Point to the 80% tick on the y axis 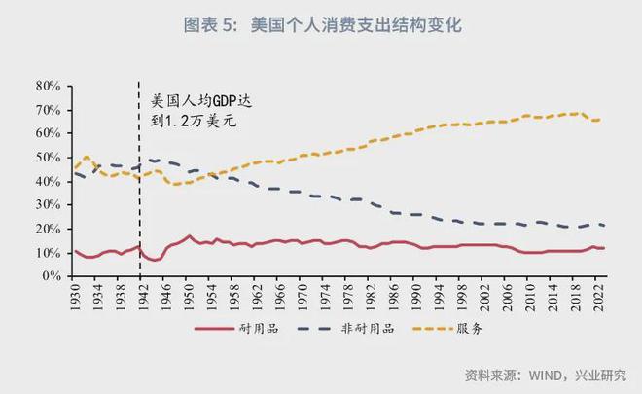(x=49, y=87)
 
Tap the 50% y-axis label (x=49, y=158)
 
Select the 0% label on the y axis (x=52, y=276)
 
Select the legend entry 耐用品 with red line (x=236, y=329)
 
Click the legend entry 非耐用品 (x=346, y=329)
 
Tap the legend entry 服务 (x=447, y=329)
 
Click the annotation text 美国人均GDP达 (x=201, y=101)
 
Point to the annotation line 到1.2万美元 (x=194, y=121)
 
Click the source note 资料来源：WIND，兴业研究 (x=546, y=376)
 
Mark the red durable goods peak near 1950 (x=189, y=235)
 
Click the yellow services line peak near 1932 (x=86, y=157)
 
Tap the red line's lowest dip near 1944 (x=155, y=261)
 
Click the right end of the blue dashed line (x=605, y=226)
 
